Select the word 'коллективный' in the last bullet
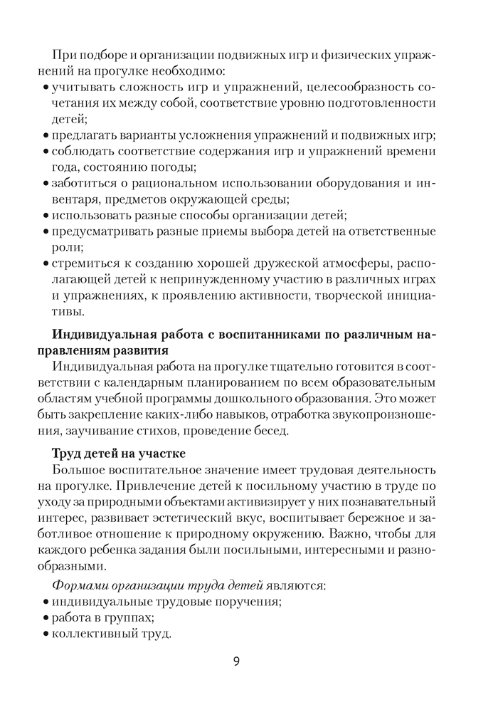pyautogui.click(x=88, y=634)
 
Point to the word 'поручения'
pyautogui.click(x=249, y=602)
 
